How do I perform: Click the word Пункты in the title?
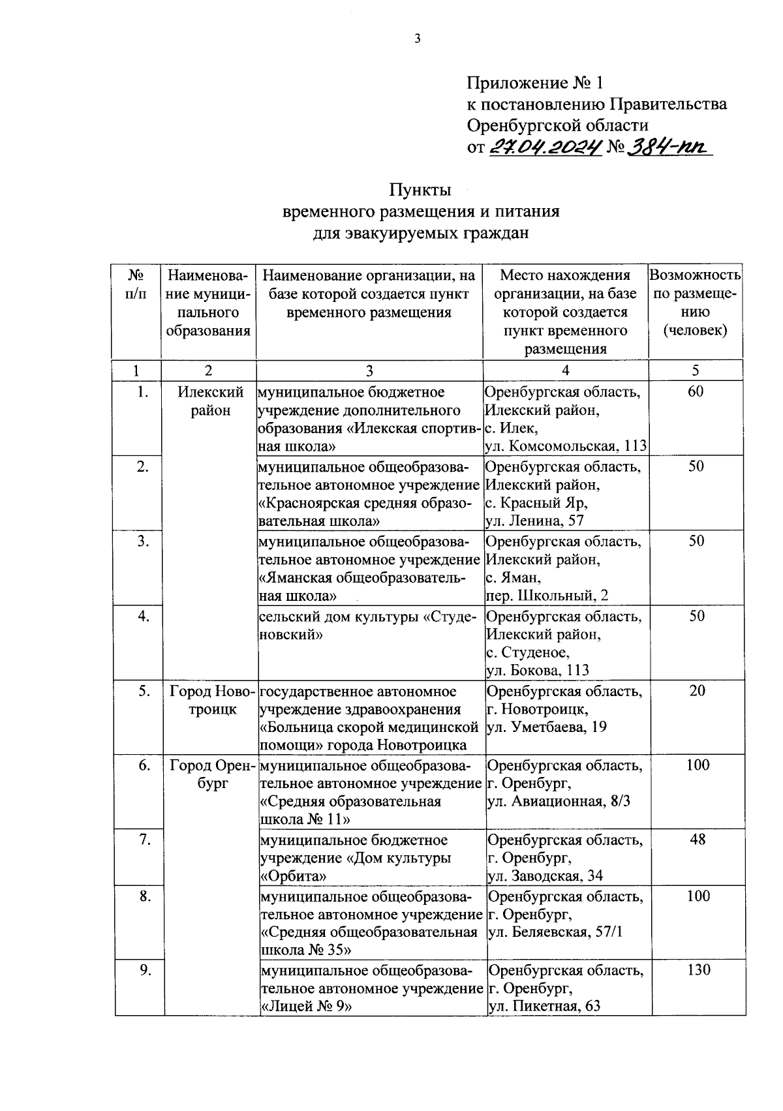420,190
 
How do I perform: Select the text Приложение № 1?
535,83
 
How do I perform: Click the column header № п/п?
136,284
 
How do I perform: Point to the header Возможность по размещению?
695,302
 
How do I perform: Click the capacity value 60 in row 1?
696,392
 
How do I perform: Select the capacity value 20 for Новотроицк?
697,691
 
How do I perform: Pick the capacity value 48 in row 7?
698,840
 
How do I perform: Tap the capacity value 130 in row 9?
698,970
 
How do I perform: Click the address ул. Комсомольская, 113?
565,446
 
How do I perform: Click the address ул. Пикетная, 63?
544,1006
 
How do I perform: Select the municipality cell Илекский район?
211,401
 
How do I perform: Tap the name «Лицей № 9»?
305,1007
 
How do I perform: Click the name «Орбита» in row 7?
293,876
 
